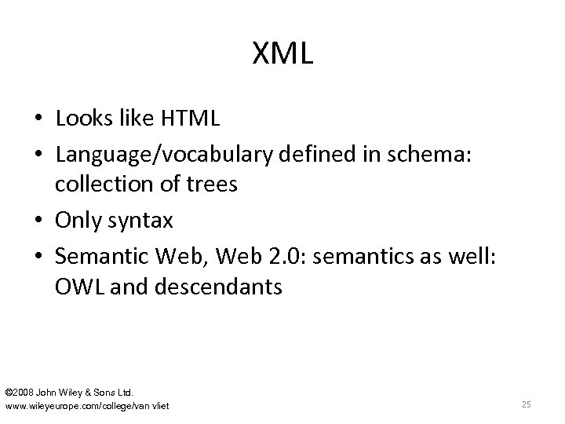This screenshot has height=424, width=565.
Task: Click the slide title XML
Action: [x=282, y=54]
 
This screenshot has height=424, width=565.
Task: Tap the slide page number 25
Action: [x=526, y=404]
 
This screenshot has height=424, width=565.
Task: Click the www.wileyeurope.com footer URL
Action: [x=86, y=405]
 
